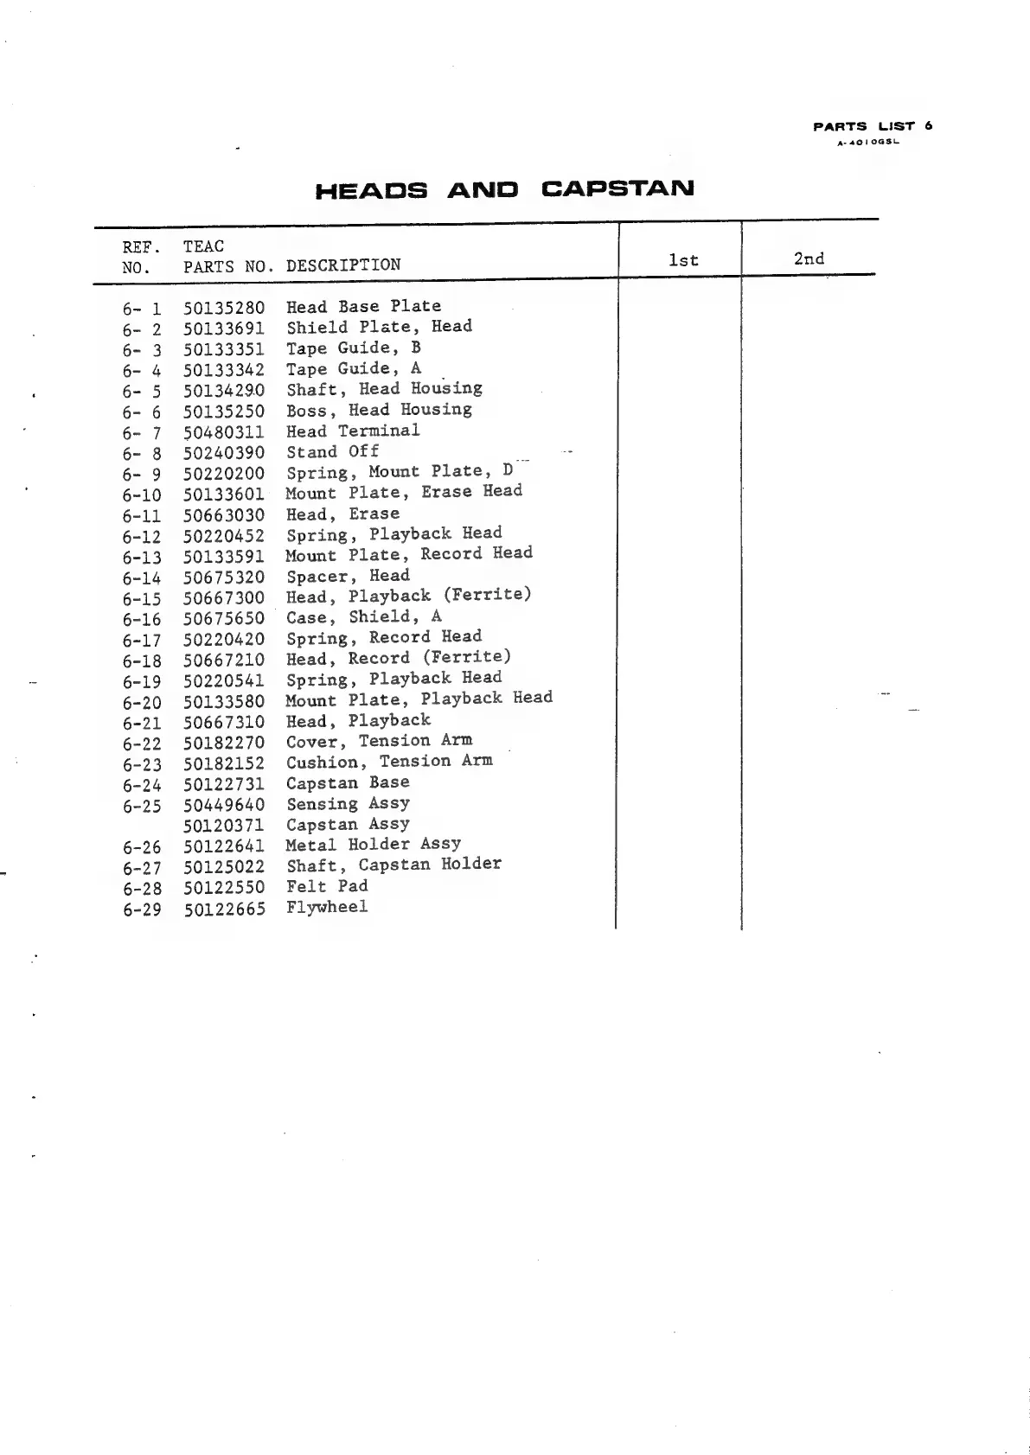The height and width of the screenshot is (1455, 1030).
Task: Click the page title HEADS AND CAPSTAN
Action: [x=504, y=189]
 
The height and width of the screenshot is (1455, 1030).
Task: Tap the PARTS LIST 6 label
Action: [x=873, y=126]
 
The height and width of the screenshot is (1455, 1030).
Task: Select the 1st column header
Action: [x=683, y=260]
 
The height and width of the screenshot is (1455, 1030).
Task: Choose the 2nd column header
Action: [x=809, y=258]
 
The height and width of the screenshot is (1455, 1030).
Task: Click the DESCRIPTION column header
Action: [x=343, y=265]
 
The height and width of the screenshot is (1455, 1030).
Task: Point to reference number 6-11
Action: [x=142, y=516]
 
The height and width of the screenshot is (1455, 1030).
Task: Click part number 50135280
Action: [x=224, y=307]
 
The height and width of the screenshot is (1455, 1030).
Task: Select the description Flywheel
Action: [x=327, y=907]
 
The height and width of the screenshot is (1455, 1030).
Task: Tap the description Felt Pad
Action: [x=327, y=886]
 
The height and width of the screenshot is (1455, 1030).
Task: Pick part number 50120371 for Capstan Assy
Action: [x=224, y=826]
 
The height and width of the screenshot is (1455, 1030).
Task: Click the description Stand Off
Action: [x=333, y=451]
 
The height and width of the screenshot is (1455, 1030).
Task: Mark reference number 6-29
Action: [x=142, y=909]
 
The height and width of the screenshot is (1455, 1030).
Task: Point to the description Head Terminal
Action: [x=353, y=431]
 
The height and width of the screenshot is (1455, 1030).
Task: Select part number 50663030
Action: [x=224, y=515]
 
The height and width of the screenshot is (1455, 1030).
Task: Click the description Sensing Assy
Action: [x=348, y=804]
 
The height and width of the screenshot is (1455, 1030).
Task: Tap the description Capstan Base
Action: [x=348, y=782]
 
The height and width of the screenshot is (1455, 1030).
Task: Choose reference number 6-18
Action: [x=142, y=661]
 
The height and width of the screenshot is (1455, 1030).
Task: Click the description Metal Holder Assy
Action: [x=373, y=844]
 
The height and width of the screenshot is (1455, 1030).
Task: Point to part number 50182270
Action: [x=224, y=743]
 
